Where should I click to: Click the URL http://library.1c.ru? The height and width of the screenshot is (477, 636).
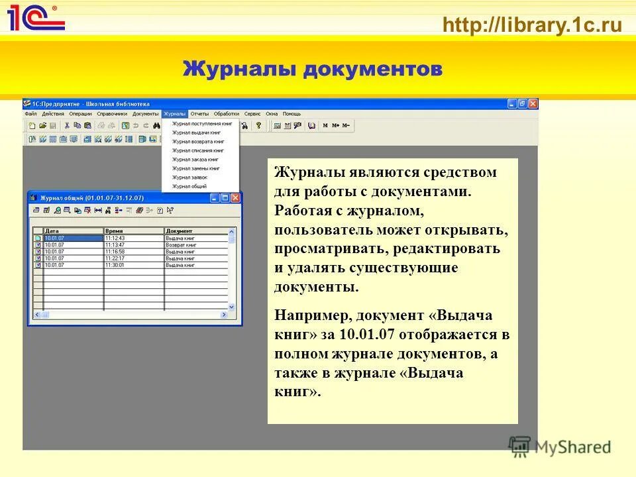coord(533,26)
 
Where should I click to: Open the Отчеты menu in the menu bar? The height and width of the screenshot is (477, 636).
coord(199,114)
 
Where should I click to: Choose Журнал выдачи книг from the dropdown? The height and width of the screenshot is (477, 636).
coord(196,132)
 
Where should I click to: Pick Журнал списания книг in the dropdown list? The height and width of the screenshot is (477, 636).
coord(197,150)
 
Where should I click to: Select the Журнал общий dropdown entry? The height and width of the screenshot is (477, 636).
coord(189,186)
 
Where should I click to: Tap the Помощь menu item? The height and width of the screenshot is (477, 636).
coord(291,114)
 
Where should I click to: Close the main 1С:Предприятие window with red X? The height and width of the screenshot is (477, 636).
coord(533,104)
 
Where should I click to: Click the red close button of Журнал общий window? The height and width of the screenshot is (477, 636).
coord(235,197)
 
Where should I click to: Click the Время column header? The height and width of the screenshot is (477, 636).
coord(113,231)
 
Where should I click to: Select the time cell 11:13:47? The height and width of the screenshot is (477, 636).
coord(115,244)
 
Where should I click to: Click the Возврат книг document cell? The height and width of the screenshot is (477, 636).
coord(180,244)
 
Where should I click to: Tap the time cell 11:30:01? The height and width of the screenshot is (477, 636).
coord(115,265)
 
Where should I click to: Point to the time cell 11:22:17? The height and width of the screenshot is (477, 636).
coord(115,258)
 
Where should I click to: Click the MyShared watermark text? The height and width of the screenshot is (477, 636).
coord(572,447)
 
